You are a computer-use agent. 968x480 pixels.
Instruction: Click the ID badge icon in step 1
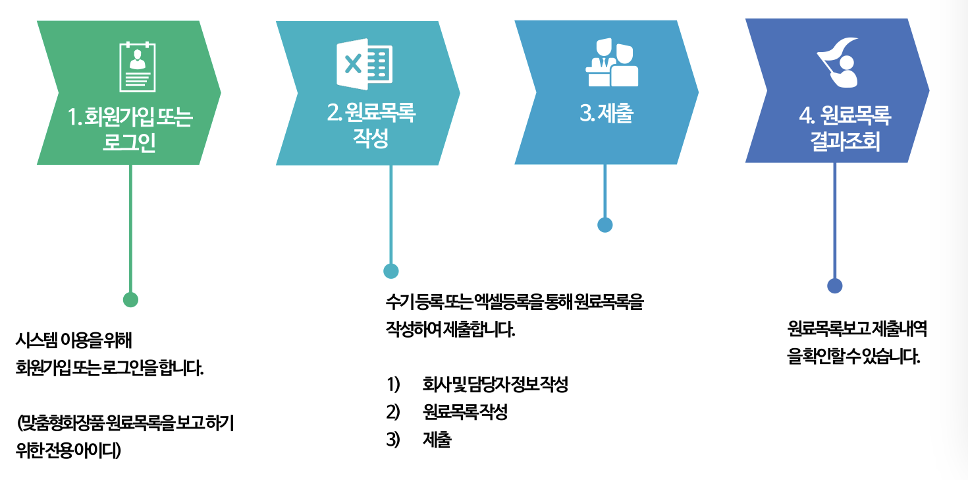[138, 67]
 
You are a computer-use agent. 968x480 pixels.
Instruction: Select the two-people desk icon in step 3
[612, 63]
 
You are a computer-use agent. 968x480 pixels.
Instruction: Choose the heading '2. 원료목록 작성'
[371, 125]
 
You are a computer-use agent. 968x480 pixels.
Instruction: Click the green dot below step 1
[131, 299]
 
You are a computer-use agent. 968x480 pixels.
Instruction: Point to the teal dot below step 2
[391, 271]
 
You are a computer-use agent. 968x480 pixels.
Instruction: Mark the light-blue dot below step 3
[605, 225]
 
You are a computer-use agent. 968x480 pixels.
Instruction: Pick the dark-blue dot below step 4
[835, 285]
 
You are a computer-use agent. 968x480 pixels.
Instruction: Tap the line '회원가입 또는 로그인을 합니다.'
[109, 368]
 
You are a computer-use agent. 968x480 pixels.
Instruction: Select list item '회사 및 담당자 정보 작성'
[495, 385]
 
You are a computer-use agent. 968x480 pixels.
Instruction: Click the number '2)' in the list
[393, 413]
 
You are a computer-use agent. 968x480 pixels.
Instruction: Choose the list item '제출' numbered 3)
[437, 440]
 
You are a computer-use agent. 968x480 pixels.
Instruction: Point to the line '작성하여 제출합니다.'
[450, 330]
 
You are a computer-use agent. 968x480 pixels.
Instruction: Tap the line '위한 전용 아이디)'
[68, 450]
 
